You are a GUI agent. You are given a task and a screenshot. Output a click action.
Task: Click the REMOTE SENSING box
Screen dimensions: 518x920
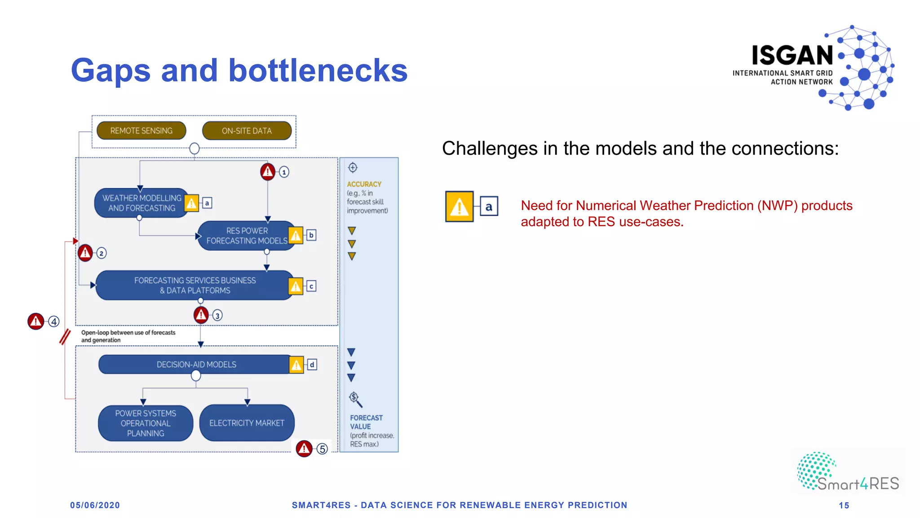[141, 131]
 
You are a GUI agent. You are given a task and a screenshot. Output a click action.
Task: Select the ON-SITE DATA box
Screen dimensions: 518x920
[247, 131]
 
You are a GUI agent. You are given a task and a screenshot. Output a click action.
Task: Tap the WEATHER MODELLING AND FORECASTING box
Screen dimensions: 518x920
[141, 203]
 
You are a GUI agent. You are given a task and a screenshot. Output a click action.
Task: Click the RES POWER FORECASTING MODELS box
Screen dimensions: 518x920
[246, 236]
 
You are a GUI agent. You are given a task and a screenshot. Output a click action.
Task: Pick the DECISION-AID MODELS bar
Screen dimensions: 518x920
[196, 364]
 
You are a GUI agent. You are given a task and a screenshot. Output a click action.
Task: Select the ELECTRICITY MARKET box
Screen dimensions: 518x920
[247, 423]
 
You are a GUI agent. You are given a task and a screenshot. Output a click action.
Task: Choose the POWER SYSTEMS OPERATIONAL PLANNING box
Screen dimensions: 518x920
[146, 423]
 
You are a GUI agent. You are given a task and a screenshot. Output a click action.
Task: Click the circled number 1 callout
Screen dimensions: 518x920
[284, 172]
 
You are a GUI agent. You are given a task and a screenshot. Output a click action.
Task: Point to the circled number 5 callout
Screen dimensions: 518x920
[322, 449]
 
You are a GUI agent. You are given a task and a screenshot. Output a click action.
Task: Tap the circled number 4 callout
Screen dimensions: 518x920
[54, 322]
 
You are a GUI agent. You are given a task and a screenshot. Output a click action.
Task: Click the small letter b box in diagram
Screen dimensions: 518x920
[311, 235]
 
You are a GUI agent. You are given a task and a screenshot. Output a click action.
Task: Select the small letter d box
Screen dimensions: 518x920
[312, 365]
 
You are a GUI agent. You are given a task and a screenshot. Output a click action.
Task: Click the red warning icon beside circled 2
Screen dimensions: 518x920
[85, 253]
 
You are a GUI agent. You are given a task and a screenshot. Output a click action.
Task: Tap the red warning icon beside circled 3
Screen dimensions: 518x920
[201, 315]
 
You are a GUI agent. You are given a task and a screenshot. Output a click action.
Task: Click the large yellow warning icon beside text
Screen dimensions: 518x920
[459, 206]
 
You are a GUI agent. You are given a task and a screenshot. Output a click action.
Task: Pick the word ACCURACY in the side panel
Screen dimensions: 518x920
[364, 184]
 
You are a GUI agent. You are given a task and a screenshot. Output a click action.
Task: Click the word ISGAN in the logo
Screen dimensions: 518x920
[792, 55]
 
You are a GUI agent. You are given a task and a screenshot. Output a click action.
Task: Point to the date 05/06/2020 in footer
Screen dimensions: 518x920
[95, 505]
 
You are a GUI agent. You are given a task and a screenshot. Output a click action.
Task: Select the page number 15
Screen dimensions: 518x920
[844, 505]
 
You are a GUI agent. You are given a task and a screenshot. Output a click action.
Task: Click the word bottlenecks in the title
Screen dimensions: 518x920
[318, 71]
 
